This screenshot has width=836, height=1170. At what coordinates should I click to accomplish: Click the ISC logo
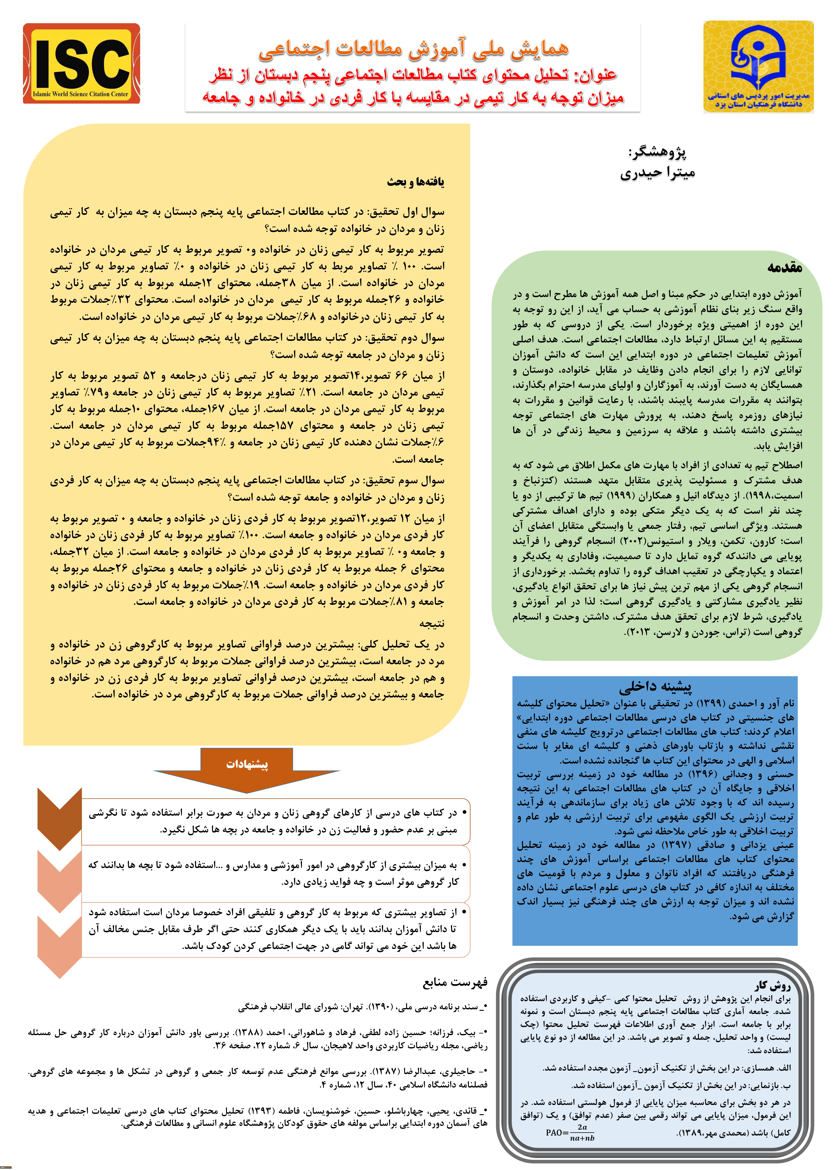tap(81, 63)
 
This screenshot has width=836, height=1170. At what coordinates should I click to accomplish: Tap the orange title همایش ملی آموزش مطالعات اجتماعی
tap(413, 49)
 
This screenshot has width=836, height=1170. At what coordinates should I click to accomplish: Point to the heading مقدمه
tap(784, 268)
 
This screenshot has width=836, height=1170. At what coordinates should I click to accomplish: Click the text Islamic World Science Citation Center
tap(81, 94)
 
